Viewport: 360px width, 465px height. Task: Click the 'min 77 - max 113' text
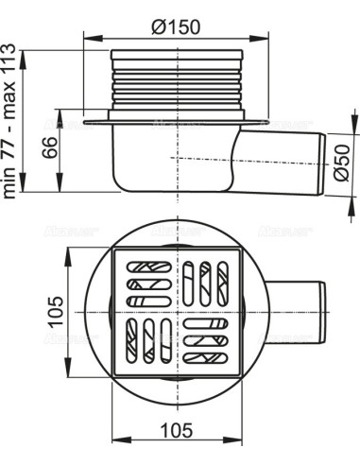12,125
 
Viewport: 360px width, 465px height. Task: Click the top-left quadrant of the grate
146,281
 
